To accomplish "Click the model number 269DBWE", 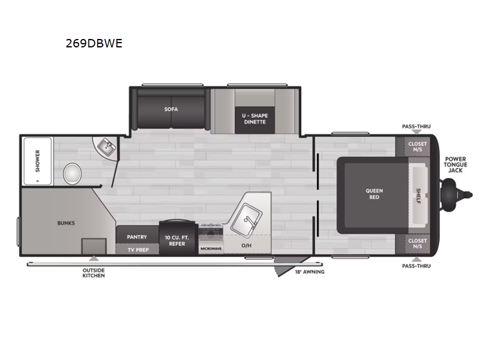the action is (94, 43).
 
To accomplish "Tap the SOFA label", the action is (171, 109).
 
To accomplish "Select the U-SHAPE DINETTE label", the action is (254, 119).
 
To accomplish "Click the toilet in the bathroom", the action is (72, 173).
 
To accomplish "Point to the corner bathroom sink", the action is (106, 147).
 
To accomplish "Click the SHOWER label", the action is (38, 161).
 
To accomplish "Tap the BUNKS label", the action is (66, 223).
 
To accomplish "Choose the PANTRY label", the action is (137, 237).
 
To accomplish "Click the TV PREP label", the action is (138, 250).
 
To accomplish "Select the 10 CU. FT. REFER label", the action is (177, 241).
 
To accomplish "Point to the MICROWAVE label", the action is (211, 249).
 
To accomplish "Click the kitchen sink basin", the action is (247, 220).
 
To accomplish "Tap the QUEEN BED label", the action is (374, 194).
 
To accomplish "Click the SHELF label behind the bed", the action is (418, 196).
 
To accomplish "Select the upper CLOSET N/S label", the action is (417, 146).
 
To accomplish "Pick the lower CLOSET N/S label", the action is (417, 244).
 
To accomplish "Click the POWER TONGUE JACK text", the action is (455, 164).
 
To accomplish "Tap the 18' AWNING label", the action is (310, 272).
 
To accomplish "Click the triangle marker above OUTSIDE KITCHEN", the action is (94, 259).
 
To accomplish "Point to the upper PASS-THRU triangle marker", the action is (416, 132).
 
